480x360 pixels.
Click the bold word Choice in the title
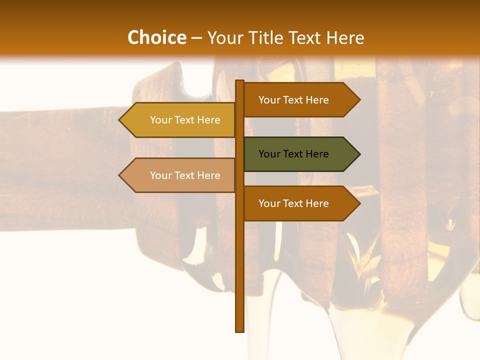tap(156, 38)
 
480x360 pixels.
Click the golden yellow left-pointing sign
tap(180, 120)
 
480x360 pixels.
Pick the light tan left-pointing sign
tap(180, 175)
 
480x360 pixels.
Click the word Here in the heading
tap(345, 38)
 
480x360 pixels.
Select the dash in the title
tap(196, 38)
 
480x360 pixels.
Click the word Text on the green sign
tap(293, 154)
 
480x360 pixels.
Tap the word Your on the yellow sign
tap(160, 120)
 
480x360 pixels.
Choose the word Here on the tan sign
tap(208, 175)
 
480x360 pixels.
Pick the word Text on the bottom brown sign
tap(293, 203)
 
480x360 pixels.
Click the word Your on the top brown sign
tap(269, 100)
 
